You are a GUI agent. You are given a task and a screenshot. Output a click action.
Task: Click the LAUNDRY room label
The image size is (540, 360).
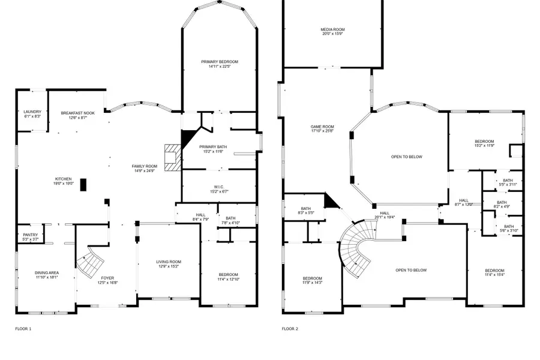click(32, 112)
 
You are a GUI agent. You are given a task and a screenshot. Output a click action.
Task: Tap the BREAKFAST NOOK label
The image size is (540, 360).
click(78, 112)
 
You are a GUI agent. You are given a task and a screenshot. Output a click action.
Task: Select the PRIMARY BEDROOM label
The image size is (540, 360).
click(220, 62)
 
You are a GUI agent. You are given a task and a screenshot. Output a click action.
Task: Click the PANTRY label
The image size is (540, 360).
click(31, 235)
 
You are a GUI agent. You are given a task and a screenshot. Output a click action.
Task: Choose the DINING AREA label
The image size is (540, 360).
click(46, 273)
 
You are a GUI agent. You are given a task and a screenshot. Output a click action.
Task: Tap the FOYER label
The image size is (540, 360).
click(107, 278)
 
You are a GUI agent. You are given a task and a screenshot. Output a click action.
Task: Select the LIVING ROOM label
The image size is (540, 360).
click(169, 262)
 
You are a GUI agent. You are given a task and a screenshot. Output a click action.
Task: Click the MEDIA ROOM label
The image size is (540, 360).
click(332, 29)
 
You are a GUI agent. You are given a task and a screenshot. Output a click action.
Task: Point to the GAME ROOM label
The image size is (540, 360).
click(322, 127)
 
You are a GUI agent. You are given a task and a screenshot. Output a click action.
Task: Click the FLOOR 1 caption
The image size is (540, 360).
click(23, 329)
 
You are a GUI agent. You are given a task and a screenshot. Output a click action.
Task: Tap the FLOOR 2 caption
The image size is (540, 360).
click(290, 329)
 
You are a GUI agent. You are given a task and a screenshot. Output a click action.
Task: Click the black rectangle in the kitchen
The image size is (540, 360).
click(83, 184)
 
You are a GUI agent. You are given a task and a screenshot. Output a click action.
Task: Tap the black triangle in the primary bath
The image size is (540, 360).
click(188, 136)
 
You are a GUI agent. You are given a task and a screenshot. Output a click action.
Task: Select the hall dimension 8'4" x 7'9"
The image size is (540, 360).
click(200, 219)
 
